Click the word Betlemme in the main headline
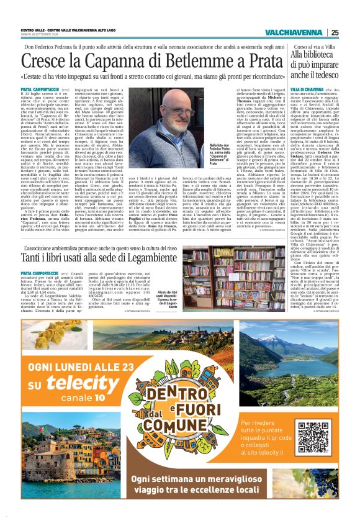(189, 61)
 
